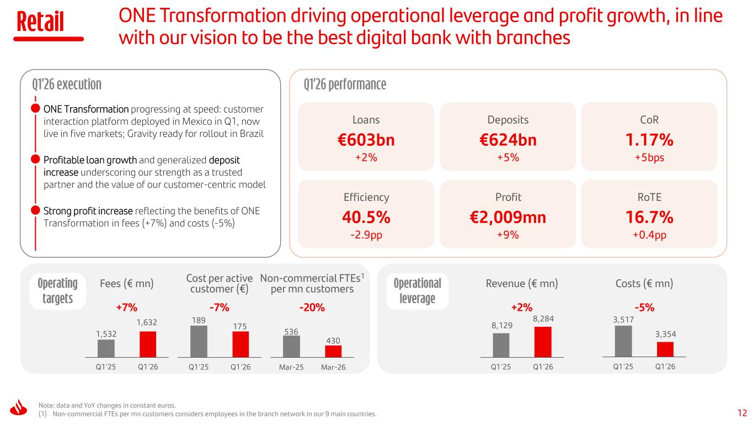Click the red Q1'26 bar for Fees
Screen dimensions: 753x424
pyautogui.click(x=148, y=344)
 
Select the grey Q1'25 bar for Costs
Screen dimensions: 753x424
pyautogui.click(x=623, y=341)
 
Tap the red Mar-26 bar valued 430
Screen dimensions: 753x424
pyautogui.click(x=333, y=351)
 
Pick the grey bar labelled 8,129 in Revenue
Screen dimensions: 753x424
pyautogui.click(x=501, y=345)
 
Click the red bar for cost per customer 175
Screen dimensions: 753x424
pyautogui.click(x=241, y=344)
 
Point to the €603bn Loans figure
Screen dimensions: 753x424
pyautogui.click(x=366, y=140)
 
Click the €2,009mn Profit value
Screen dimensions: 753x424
pyautogui.click(x=508, y=217)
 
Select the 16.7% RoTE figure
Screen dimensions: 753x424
pyautogui.click(x=649, y=217)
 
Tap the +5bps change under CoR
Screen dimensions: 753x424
pyautogui.click(x=649, y=157)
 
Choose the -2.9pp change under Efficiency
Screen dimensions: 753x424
pyautogui.click(x=366, y=235)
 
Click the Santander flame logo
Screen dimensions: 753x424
pyautogui.click(x=19, y=407)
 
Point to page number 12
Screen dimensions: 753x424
pyautogui.click(x=742, y=413)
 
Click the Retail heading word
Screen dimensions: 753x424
pyautogui.click(x=40, y=21)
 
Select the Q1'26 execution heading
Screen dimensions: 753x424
pyautogui.click(x=67, y=84)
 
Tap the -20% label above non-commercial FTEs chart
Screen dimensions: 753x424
pyautogui.click(x=312, y=307)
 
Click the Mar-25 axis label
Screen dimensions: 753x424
pyautogui.click(x=291, y=367)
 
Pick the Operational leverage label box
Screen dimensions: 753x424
pyautogui.click(x=417, y=291)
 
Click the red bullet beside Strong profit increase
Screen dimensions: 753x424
pyautogui.click(x=35, y=210)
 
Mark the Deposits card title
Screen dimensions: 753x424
pyautogui.click(x=508, y=120)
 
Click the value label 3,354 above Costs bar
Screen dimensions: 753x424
pyautogui.click(x=665, y=334)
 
